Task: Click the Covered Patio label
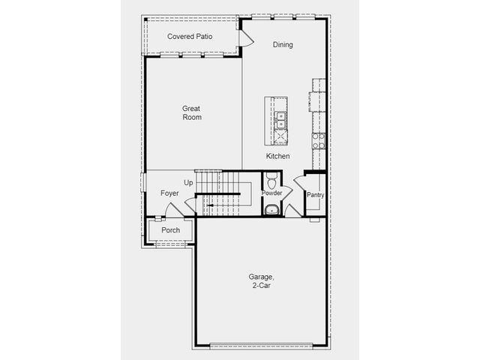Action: point(190,37)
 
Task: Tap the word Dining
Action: point(283,45)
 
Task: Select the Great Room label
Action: point(192,112)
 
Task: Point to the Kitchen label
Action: point(277,156)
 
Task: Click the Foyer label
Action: point(169,193)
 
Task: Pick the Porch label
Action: point(171,230)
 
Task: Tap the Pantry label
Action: point(315,195)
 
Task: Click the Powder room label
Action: point(271,193)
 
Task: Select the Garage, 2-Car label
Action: point(261,281)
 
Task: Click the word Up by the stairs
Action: point(188,183)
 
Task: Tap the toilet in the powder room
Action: point(271,180)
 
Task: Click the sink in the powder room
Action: point(271,210)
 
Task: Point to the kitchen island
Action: point(276,121)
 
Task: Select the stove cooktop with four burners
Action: point(319,141)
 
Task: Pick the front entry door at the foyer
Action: point(174,210)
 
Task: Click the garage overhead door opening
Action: point(261,346)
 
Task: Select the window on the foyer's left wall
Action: point(142,182)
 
